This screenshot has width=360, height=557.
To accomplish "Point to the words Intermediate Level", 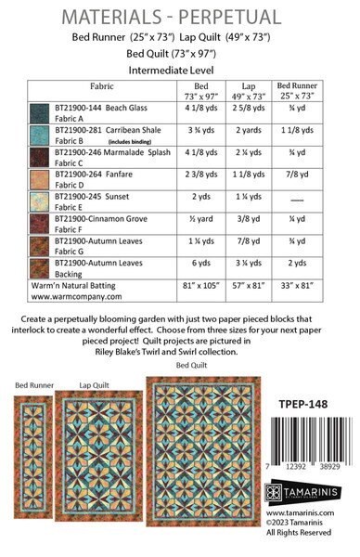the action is click(180, 68).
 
